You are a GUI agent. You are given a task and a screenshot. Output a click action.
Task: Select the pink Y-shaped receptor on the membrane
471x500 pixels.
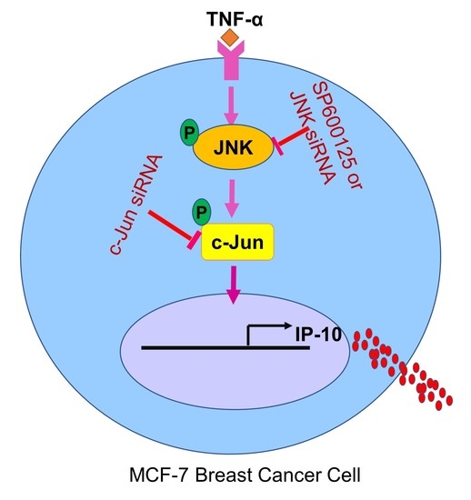coord(233,63)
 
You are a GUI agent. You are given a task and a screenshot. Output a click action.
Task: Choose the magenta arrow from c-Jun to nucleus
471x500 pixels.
coord(235,288)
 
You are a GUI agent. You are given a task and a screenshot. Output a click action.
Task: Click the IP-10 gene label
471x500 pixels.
coord(295,335)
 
